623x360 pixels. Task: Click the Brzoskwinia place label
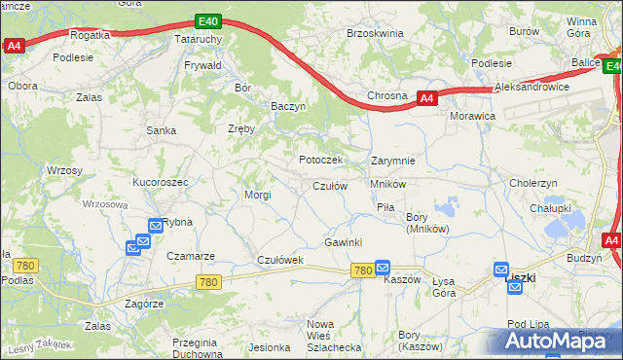pos(375,33)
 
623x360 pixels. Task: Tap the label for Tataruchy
pos(199,39)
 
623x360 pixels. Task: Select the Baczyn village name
pos(289,106)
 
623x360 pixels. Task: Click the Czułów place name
pos(330,186)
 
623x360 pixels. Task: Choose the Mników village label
pos(387,183)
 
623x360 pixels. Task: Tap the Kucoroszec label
pos(161,182)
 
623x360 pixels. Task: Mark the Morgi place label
pos(257,195)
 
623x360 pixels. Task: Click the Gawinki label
pos(344,242)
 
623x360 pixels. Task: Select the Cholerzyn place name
pos(533,183)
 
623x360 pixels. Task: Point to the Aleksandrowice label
pos(531,87)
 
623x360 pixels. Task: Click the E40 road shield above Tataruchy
pos(206,19)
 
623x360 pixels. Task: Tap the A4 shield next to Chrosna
pos(426,97)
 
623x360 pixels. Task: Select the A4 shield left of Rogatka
pos(13,45)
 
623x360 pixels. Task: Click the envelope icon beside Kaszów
pos(383,267)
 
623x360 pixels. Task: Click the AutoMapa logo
pos(555,341)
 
